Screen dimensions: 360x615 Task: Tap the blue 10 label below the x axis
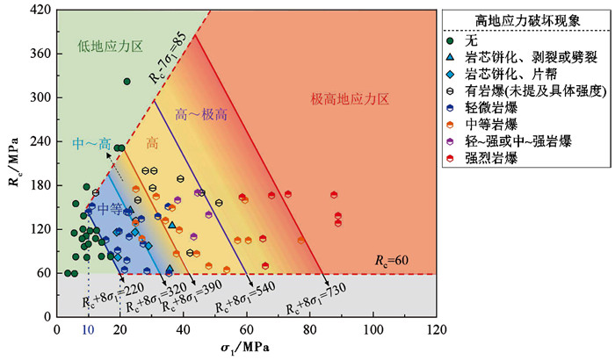87,329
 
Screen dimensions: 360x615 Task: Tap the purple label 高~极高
198,113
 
